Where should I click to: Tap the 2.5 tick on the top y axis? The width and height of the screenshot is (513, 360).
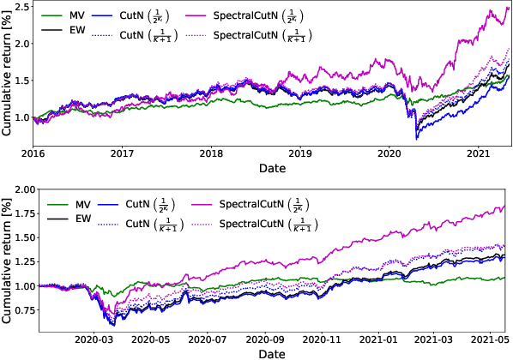click(x=20, y=8)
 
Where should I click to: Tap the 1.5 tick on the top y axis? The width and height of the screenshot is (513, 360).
click(x=20, y=81)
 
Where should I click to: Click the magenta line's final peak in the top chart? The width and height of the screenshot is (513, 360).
click(x=506, y=9)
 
